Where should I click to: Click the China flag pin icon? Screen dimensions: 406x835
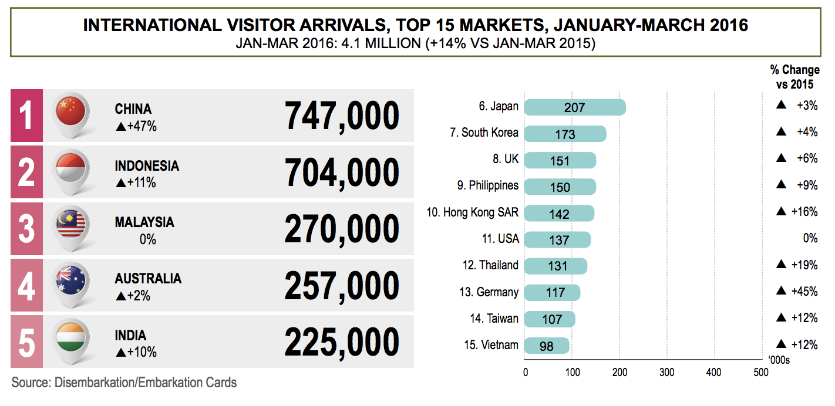click(x=71, y=112)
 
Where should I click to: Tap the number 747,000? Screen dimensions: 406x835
click(x=342, y=116)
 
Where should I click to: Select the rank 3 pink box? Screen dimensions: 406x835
click(x=26, y=228)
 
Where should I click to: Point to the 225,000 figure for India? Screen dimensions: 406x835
click(x=342, y=341)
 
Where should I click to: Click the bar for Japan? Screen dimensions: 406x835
click(x=574, y=107)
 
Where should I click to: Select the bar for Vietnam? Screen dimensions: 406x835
click(x=546, y=346)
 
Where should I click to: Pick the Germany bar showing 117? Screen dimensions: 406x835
click(x=551, y=292)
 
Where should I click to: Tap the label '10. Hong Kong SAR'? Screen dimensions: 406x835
click(x=472, y=212)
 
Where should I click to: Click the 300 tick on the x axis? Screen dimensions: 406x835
click(x=666, y=371)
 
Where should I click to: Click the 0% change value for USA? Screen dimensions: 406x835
click(x=810, y=238)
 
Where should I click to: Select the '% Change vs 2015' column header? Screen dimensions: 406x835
click(x=794, y=77)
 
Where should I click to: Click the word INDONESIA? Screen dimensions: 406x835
click(x=147, y=166)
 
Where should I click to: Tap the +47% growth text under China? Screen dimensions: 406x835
click(x=136, y=126)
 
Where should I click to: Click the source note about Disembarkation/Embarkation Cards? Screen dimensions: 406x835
click(x=124, y=383)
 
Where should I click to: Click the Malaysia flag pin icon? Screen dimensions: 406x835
click(x=71, y=225)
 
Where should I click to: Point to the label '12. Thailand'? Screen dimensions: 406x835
click(x=490, y=265)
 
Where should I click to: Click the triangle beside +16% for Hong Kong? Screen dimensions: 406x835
click(x=781, y=212)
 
